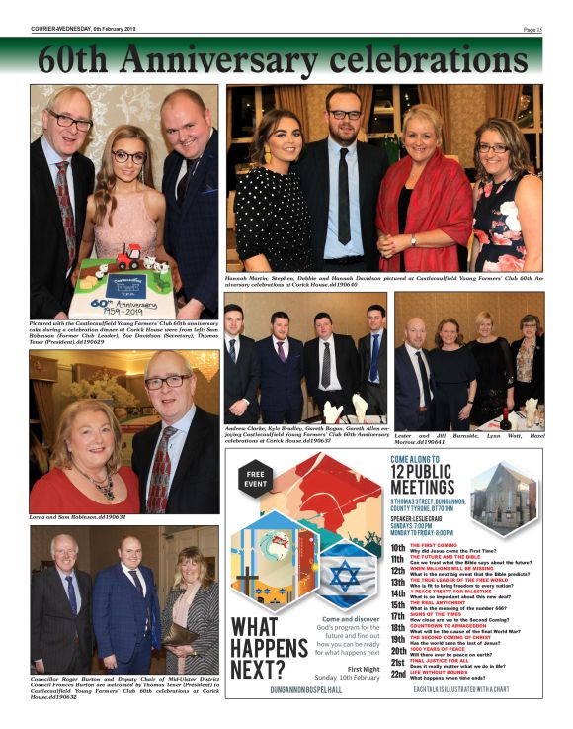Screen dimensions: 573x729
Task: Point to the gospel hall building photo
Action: point(503,501)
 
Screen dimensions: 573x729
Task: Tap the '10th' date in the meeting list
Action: point(397,547)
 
